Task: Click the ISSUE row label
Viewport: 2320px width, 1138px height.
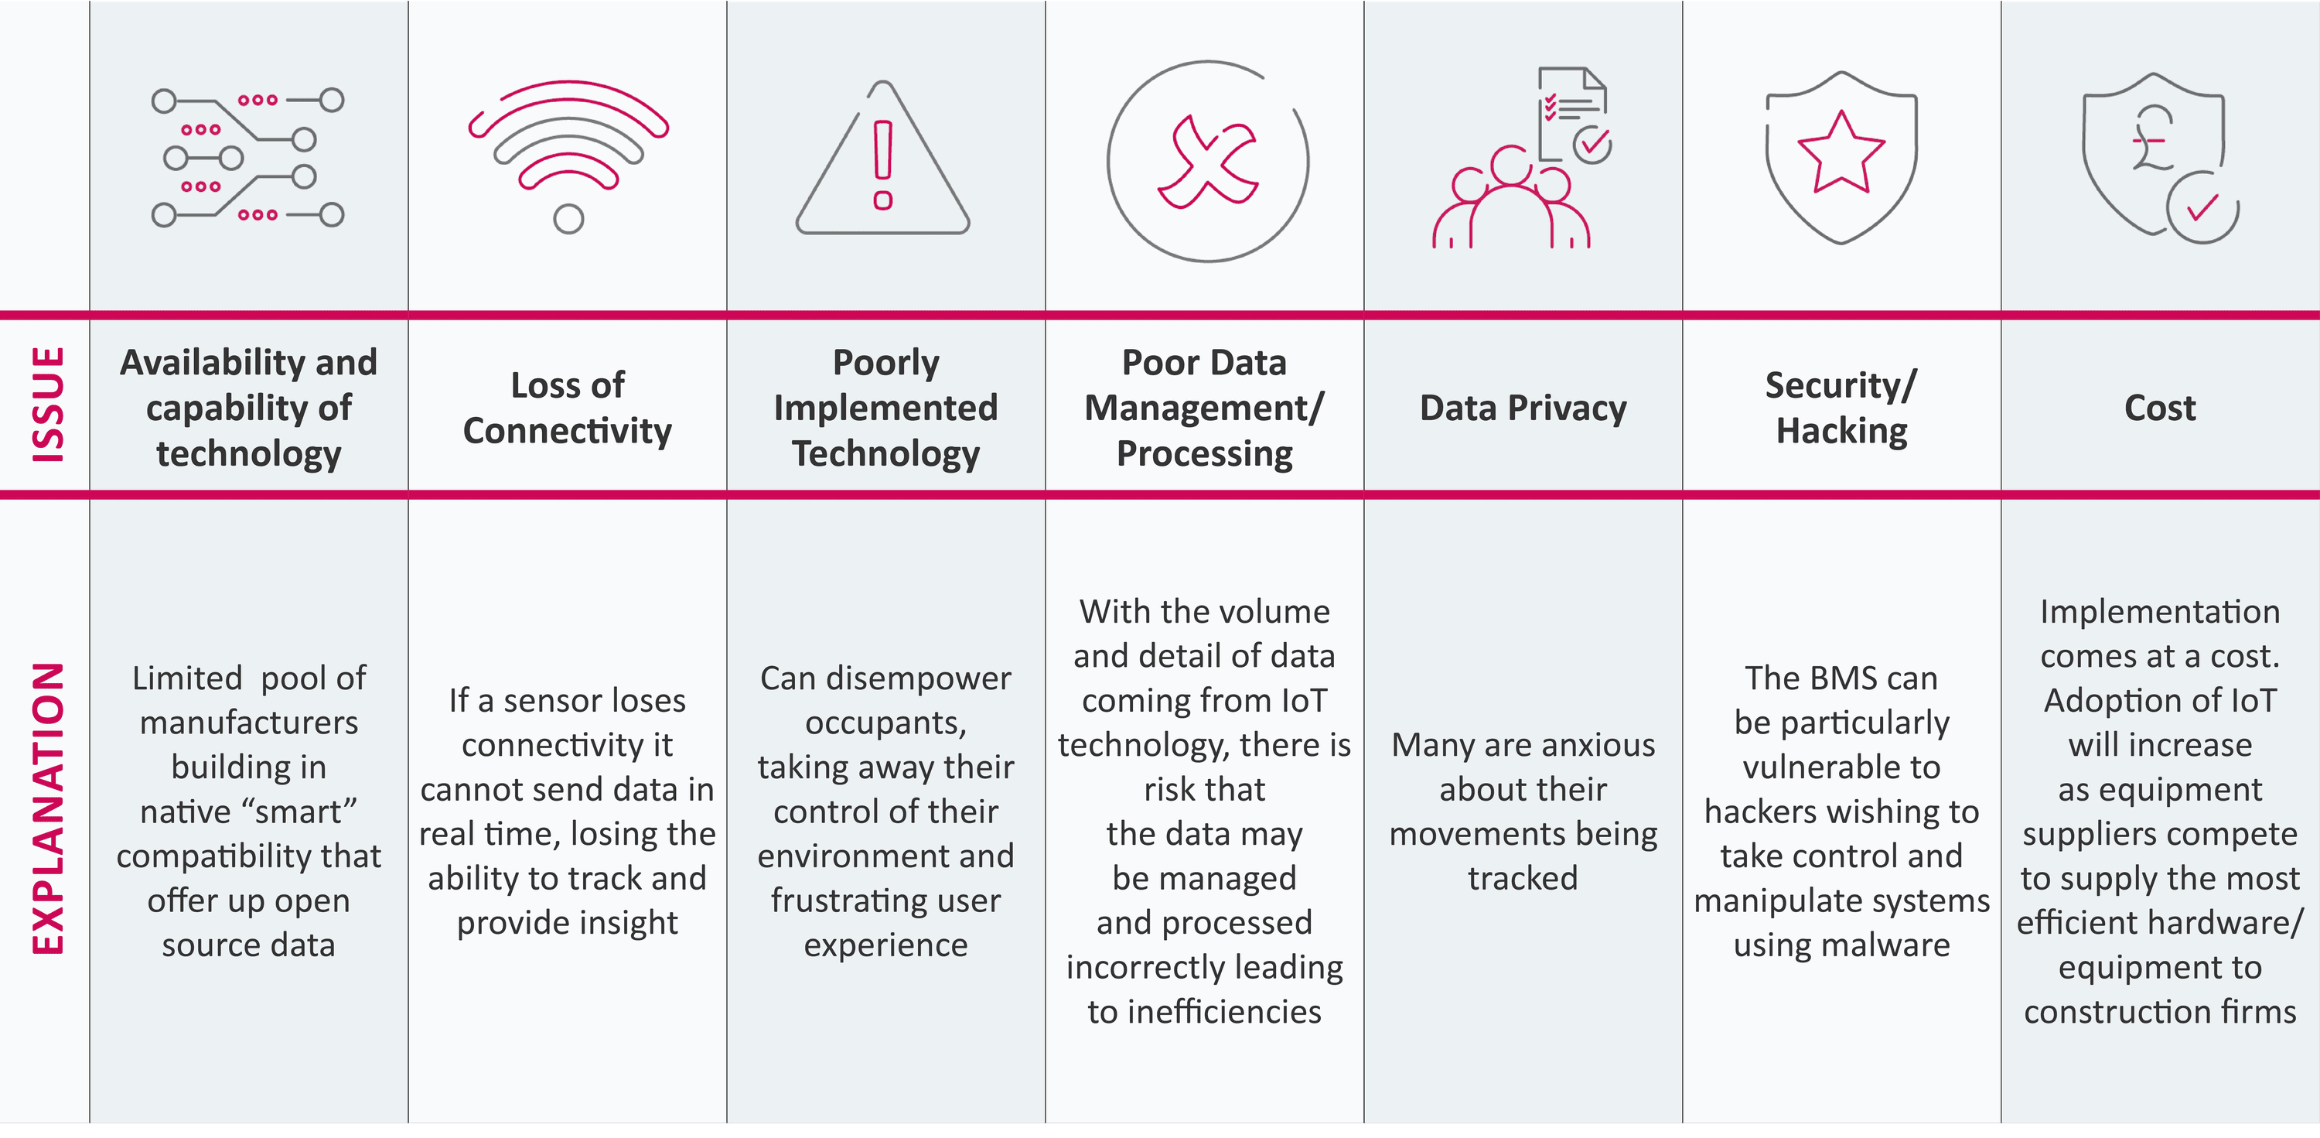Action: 49,405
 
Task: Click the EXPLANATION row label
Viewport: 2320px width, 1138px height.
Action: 49,809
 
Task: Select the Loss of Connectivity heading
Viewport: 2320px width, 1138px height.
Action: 568,407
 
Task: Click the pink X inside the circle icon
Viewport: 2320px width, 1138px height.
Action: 1208,162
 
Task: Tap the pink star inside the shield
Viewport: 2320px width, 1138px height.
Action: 1841,152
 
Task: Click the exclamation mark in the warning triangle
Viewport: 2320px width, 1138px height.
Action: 882,165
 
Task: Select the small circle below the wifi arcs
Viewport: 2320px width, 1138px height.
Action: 568,218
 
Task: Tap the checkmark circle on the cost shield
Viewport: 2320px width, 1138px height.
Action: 2202,208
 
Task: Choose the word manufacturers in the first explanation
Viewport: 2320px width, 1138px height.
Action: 248,723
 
